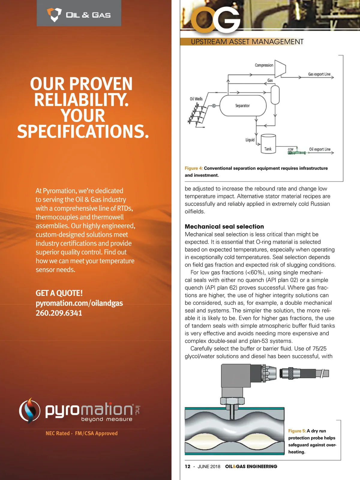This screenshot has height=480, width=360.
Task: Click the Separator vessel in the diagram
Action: (243, 106)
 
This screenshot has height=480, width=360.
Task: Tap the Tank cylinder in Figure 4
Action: (268, 144)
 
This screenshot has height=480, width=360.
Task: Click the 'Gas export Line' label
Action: (319, 74)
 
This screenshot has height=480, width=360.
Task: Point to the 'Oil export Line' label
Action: (320, 149)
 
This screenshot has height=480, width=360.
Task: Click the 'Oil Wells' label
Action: (196, 99)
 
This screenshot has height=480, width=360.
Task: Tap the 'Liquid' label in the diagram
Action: (250, 140)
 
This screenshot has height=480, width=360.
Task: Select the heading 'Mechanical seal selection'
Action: (224, 226)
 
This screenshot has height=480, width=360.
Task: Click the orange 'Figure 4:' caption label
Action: (194, 168)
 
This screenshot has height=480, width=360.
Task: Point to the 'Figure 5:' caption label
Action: (297, 431)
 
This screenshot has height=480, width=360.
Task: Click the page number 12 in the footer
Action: (187, 466)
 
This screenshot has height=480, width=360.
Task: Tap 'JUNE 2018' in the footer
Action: (209, 466)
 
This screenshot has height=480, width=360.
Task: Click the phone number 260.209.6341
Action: (59, 313)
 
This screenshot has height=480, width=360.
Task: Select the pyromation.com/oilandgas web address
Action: (79, 303)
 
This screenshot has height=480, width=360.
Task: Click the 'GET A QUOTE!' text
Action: (59, 293)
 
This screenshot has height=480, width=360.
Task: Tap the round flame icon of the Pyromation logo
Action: (29, 410)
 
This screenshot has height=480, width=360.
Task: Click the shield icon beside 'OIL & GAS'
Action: (54, 14)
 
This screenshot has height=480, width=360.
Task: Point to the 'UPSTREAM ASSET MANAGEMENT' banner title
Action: (247, 42)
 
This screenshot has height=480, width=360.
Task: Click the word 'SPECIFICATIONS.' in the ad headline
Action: (83, 131)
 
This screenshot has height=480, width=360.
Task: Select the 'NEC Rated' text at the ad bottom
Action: (58, 433)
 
